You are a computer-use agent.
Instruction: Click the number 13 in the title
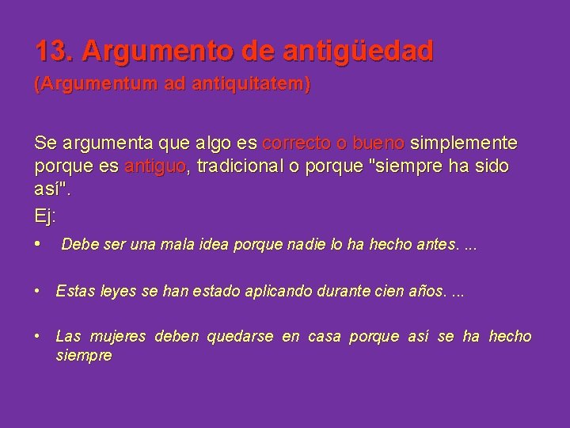point(52,52)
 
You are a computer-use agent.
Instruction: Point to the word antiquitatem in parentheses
point(256,86)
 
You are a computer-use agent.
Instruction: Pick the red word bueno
point(378,143)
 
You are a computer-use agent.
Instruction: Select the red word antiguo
point(155,168)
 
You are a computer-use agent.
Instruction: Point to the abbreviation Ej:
point(46,216)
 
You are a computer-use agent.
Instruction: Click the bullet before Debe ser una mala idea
point(39,243)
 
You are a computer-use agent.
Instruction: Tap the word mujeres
point(119,338)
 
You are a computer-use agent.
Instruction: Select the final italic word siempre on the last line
point(84,356)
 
